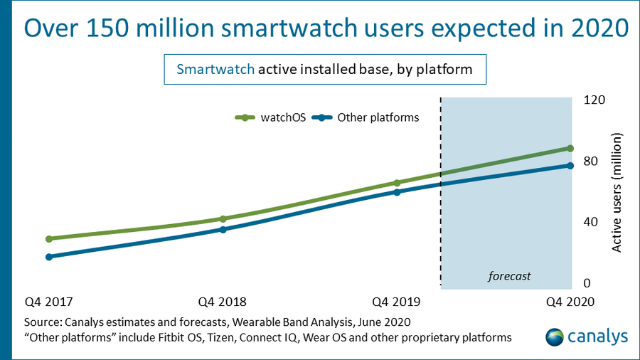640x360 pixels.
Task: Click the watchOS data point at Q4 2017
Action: point(49,239)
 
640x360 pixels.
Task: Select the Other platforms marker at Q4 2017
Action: point(49,257)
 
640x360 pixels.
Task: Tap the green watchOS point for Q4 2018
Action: point(223,219)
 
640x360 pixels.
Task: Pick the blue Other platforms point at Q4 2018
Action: point(223,230)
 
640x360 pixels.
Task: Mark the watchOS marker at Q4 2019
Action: point(397,183)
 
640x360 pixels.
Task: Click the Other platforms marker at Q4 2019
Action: point(397,192)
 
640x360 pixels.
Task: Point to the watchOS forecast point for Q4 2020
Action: point(570,148)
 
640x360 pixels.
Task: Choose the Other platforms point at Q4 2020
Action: point(570,166)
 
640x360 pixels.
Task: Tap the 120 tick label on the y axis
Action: point(594,100)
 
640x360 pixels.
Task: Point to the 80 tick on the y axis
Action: point(590,161)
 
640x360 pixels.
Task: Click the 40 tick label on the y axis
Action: point(590,222)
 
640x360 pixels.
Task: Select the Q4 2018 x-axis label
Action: point(223,301)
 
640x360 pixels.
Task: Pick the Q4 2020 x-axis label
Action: point(570,301)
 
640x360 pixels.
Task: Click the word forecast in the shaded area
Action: point(509,275)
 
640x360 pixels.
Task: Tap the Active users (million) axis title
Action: point(617,191)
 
